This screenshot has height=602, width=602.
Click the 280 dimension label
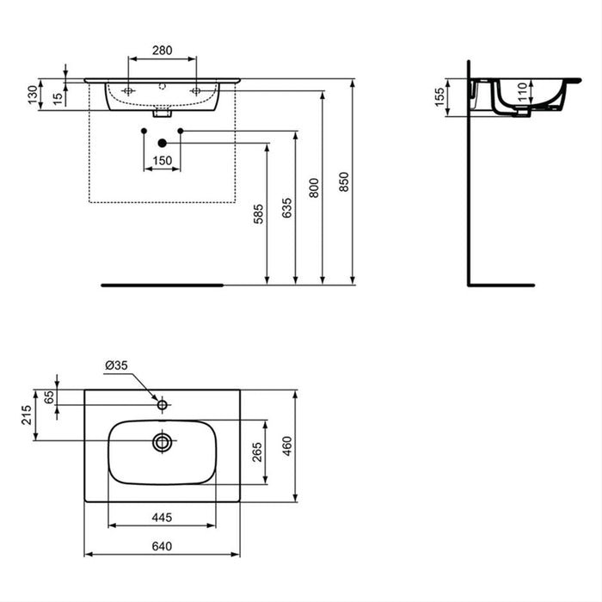(x=162, y=50)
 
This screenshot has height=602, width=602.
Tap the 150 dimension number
(x=162, y=160)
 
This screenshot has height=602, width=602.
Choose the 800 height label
(x=314, y=187)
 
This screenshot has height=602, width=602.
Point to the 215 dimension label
(x=27, y=415)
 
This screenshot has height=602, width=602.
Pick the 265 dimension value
(x=257, y=451)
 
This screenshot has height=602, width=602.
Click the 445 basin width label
(x=162, y=518)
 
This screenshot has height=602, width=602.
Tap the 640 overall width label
(x=162, y=545)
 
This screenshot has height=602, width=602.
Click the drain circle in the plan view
(x=162, y=442)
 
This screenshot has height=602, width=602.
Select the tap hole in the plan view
(x=162, y=402)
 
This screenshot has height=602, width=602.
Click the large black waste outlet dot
(x=162, y=144)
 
